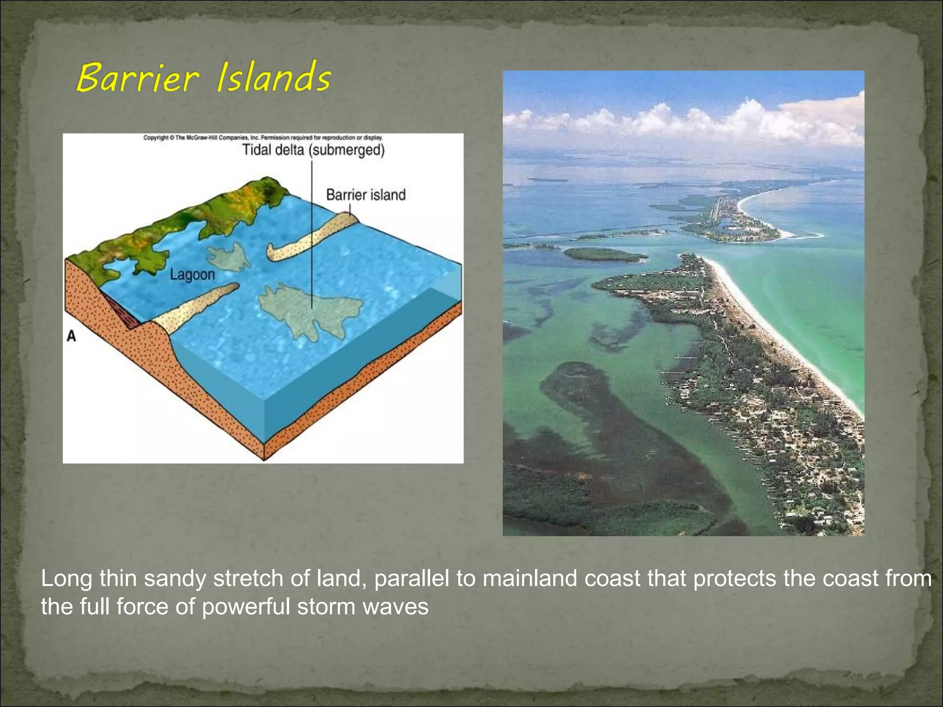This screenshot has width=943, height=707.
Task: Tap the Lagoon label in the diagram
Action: (x=192, y=275)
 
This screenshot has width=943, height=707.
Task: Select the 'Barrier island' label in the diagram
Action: (x=366, y=195)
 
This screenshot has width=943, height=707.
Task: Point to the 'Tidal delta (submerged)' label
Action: (x=313, y=150)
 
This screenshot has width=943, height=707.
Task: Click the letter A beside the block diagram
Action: (x=71, y=336)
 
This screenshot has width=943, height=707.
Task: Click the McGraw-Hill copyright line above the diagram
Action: (x=263, y=138)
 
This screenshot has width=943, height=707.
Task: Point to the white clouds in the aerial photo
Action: (x=691, y=120)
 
